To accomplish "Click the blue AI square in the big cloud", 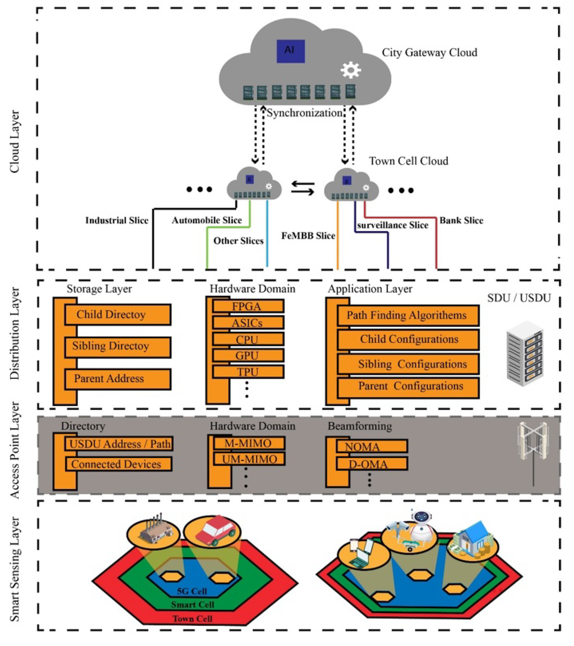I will click(x=290, y=51).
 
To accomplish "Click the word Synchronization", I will click(x=304, y=113).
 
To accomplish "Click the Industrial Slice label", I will click(x=117, y=220).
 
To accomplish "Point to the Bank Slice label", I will click(x=461, y=220).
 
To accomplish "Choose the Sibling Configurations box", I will click(x=408, y=364).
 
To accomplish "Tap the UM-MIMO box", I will click(x=249, y=459).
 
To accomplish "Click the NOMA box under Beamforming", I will click(x=371, y=446).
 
